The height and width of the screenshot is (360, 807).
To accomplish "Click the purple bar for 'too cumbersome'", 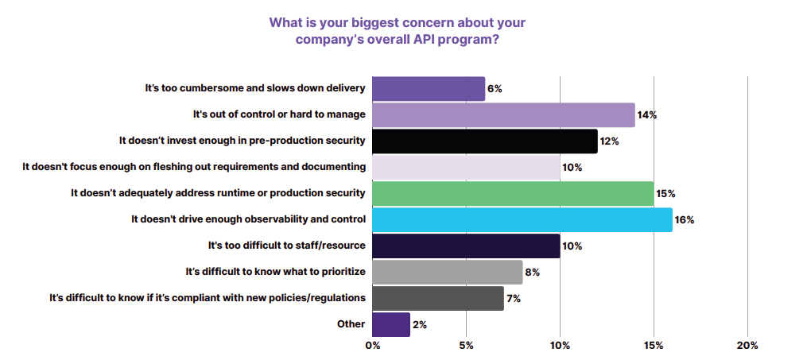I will coord(428,89).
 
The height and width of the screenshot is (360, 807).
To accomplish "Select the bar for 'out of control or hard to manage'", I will coord(503,115).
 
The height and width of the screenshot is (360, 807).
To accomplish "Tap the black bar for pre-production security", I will coord(484,141).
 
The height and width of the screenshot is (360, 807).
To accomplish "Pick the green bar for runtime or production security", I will coord(513,193).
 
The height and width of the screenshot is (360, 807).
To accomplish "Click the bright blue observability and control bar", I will coord(522,219).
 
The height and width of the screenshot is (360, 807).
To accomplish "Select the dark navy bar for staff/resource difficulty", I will coord(466,246).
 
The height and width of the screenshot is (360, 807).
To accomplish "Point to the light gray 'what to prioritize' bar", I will coord(447,272).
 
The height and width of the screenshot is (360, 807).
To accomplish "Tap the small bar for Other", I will coord(390,324).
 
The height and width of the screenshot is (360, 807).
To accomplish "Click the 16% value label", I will coord(685,219).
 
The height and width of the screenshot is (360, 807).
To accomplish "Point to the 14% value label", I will coord(646,115).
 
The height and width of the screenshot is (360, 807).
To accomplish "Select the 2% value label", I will coord(421,324).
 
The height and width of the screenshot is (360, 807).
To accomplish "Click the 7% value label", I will coord(514,298).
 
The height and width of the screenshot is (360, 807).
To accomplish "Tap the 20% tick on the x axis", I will coord(747,346).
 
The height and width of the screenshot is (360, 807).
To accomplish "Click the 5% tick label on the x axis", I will coord(466,346).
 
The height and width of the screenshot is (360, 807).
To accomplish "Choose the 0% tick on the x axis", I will coord(372,346).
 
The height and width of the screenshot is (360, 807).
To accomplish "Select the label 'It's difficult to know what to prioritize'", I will coord(275,272).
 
